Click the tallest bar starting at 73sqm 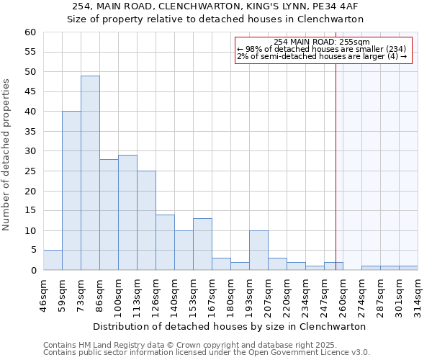[90, 173]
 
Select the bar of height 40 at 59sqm [71, 191]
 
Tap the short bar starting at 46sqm [53, 260]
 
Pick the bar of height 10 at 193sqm [258, 251]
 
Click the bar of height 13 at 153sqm [202, 244]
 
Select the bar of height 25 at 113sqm [146, 220]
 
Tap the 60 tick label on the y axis [30, 32]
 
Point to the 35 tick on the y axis [30, 132]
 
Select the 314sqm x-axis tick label [418, 295]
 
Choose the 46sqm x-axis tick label [43, 295]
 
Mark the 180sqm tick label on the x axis [230, 295]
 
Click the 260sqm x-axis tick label [343, 295]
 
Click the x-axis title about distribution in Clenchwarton [230, 326]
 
